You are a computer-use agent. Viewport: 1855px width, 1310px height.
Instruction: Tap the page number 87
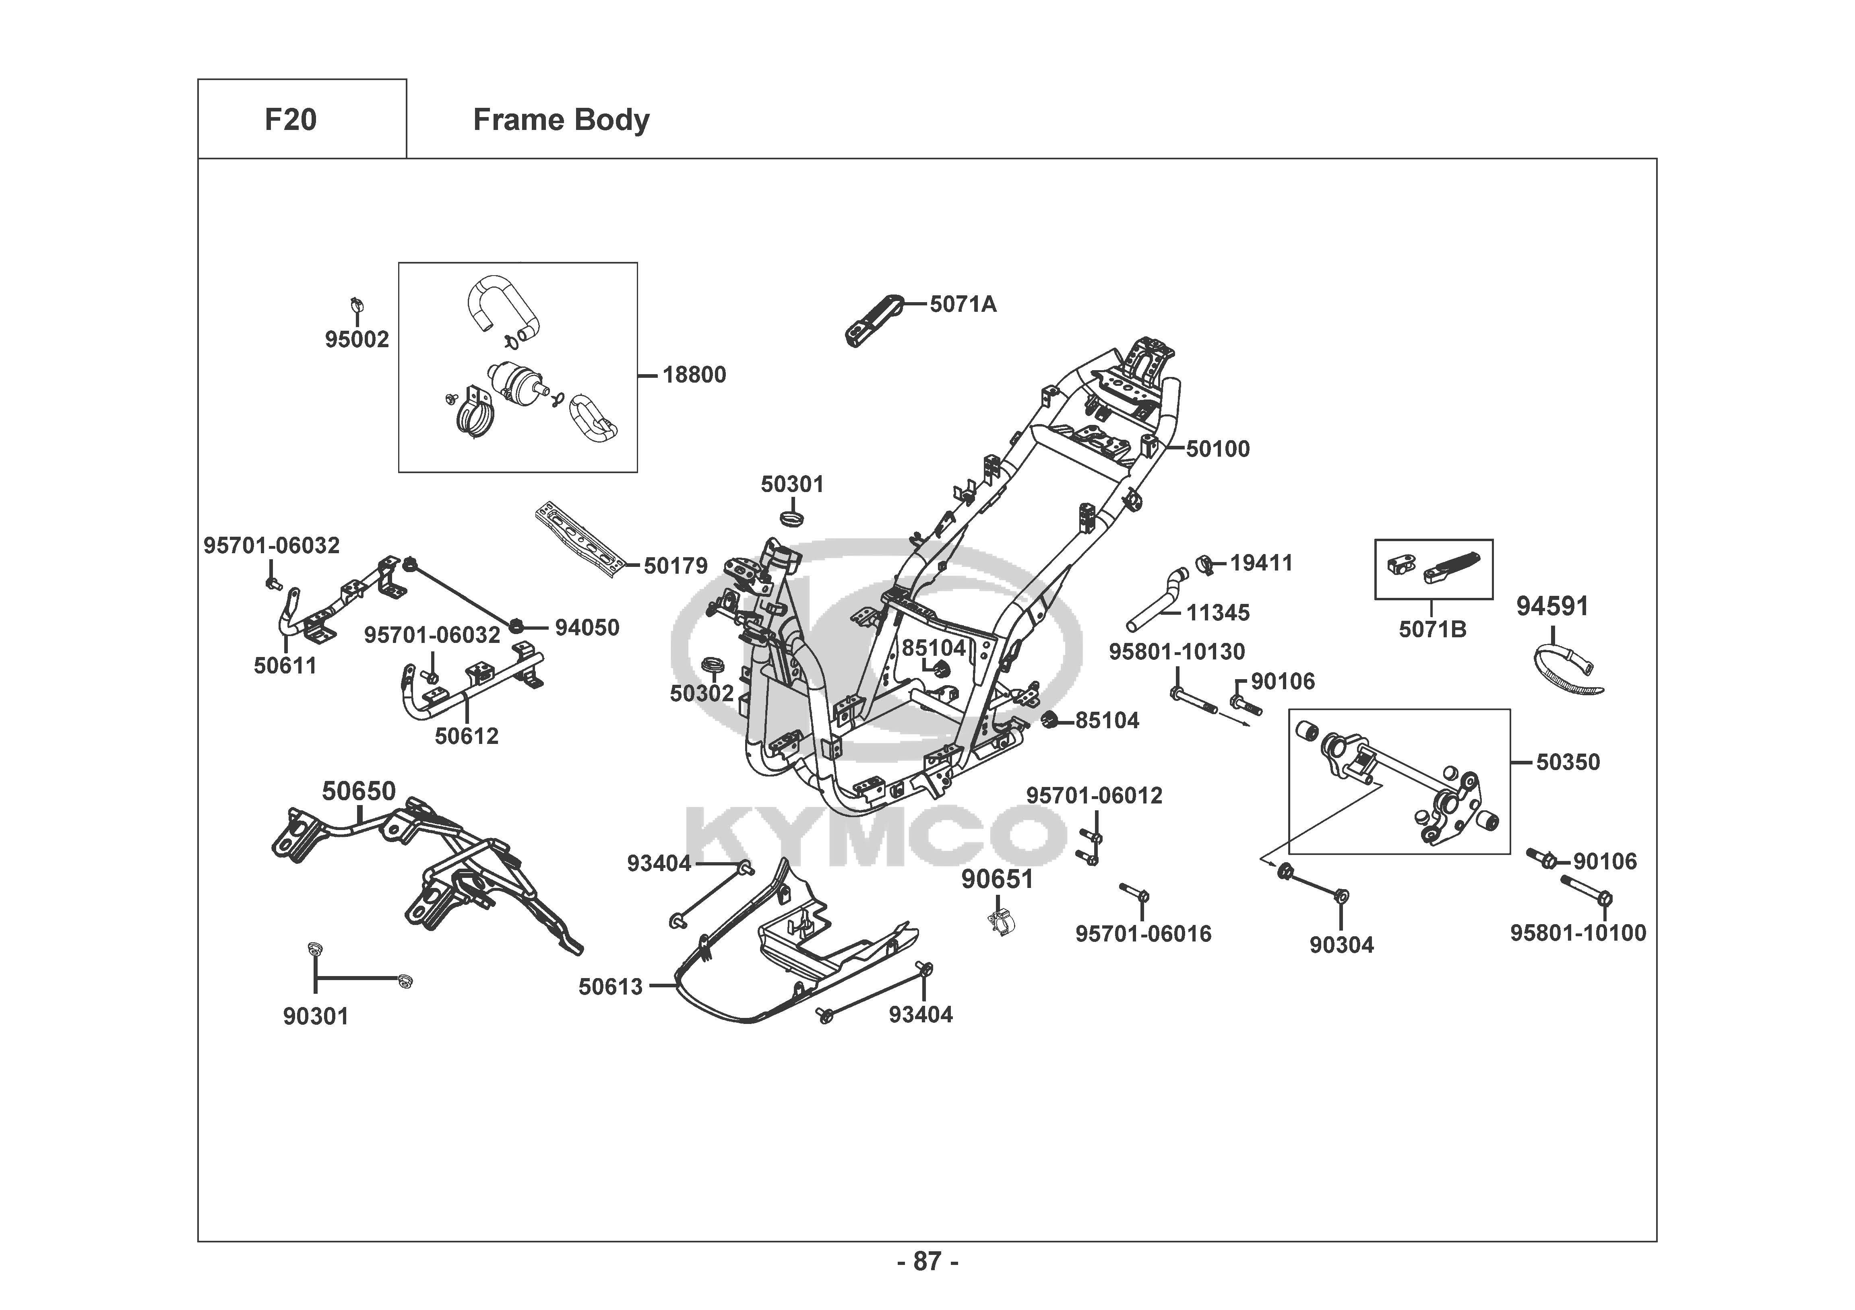pyautogui.click(x=927, y=1261)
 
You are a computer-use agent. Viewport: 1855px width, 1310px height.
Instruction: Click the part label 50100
pyautogui.click(x=1218, y=449)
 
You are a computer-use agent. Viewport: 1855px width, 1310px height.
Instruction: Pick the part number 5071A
pyautogui.click(x=963, y=305)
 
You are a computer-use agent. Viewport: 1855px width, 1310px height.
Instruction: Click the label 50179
pyautogui.click(x=675, y=566)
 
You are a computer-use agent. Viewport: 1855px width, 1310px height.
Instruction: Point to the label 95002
pyautogui.click(x=357, y=339)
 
